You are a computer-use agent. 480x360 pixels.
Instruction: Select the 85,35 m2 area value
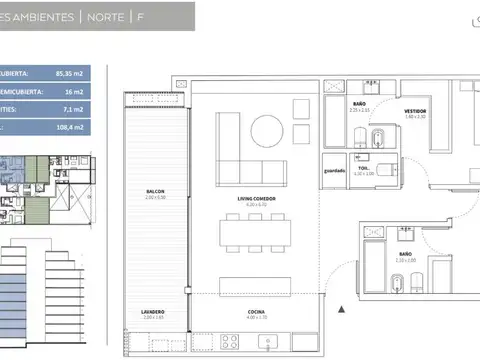[x=81, y=74]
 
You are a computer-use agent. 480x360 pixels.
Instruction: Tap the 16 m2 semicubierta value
[x=86, y=92]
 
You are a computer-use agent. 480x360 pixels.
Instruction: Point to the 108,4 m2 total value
[x=83, y=128]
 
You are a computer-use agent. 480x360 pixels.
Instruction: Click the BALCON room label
[x=153, y=191]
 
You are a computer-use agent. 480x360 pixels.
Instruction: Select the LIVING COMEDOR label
[x=257, y=198]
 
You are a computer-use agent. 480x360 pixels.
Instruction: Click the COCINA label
[x=257, y=312]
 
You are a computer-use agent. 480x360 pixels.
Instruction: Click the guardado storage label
[x=334, y=170]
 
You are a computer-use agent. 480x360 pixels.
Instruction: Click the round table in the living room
[x=267, y=130]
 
